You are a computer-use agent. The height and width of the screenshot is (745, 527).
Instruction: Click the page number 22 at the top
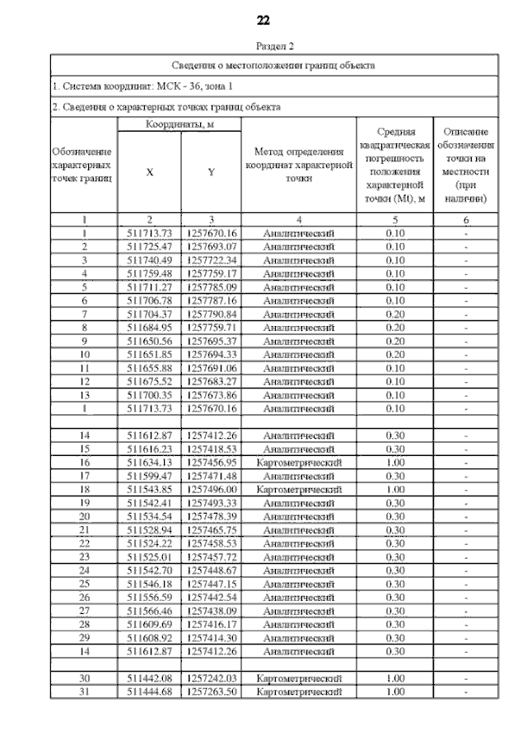[x=263, y=19]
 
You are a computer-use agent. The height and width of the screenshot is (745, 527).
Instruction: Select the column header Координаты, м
[x=180, y=123]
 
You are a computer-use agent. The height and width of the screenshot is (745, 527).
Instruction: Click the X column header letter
[x=149, y=173]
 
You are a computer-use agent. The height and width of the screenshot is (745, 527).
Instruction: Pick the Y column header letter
[x=211, y=173]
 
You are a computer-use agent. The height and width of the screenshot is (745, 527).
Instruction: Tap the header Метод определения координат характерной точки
[x=299, y=165]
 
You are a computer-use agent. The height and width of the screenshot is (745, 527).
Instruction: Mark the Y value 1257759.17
[x=211, y=273]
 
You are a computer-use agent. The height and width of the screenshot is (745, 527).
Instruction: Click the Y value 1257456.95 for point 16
[x=211, y=463]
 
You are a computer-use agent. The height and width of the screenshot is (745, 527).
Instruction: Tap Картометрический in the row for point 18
[x=299, y=489]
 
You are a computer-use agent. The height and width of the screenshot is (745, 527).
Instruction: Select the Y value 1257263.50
[x=211, y=692]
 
